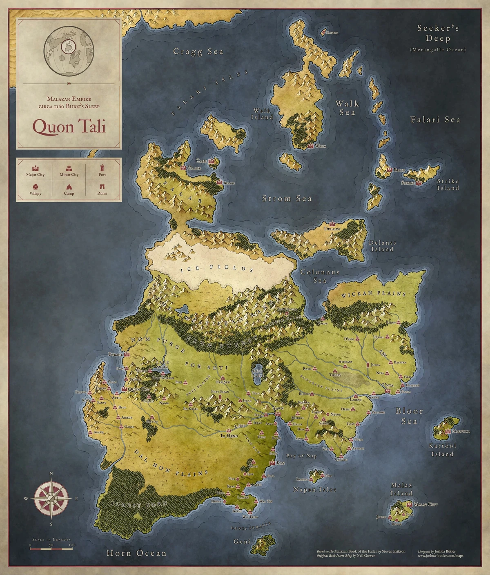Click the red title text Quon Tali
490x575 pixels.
[x=69, y=127]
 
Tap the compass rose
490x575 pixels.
[x=51, y=498]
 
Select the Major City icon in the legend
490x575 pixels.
[x=35, y=167]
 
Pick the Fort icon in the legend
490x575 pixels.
[x=102, y=167]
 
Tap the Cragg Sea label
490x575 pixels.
[x=198, y=51]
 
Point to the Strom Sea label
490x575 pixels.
[x=287, y=198]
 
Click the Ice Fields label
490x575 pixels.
[x=217, y=268]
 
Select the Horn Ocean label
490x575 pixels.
[x=136, y=553]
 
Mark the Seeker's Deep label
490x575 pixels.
[x=438, y=33]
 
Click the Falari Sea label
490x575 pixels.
[x=435, y=120]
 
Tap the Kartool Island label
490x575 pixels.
[x=443, y=450]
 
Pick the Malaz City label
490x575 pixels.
[x=425, y=505]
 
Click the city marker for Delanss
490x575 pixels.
[x=332, y=224]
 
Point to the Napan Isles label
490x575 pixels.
[x=314, y=489]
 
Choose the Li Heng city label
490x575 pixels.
[x=229, y=436]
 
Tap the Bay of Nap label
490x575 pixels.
[x=301, y=456]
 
